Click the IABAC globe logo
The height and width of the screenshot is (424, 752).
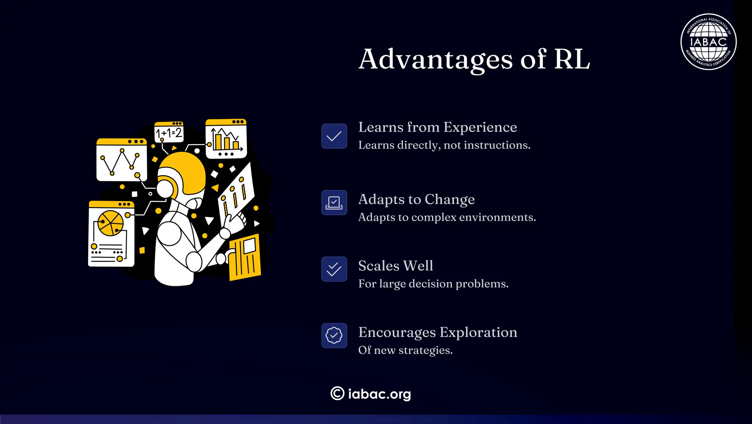708,42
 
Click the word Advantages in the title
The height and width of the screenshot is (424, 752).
435,59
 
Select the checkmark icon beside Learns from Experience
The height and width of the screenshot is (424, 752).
334,136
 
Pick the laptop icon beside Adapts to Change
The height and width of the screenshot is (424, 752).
334,202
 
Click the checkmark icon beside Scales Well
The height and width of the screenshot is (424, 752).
334,269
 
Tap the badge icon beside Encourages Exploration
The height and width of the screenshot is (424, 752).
334,335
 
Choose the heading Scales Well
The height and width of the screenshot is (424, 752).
395,266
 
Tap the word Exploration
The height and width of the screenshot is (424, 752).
478,332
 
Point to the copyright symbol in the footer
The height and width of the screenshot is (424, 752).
337,394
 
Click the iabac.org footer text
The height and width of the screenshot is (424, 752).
379,394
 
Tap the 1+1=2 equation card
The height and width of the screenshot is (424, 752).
169,132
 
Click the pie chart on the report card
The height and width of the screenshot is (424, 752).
110,223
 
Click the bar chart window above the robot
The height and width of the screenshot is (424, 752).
226,139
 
